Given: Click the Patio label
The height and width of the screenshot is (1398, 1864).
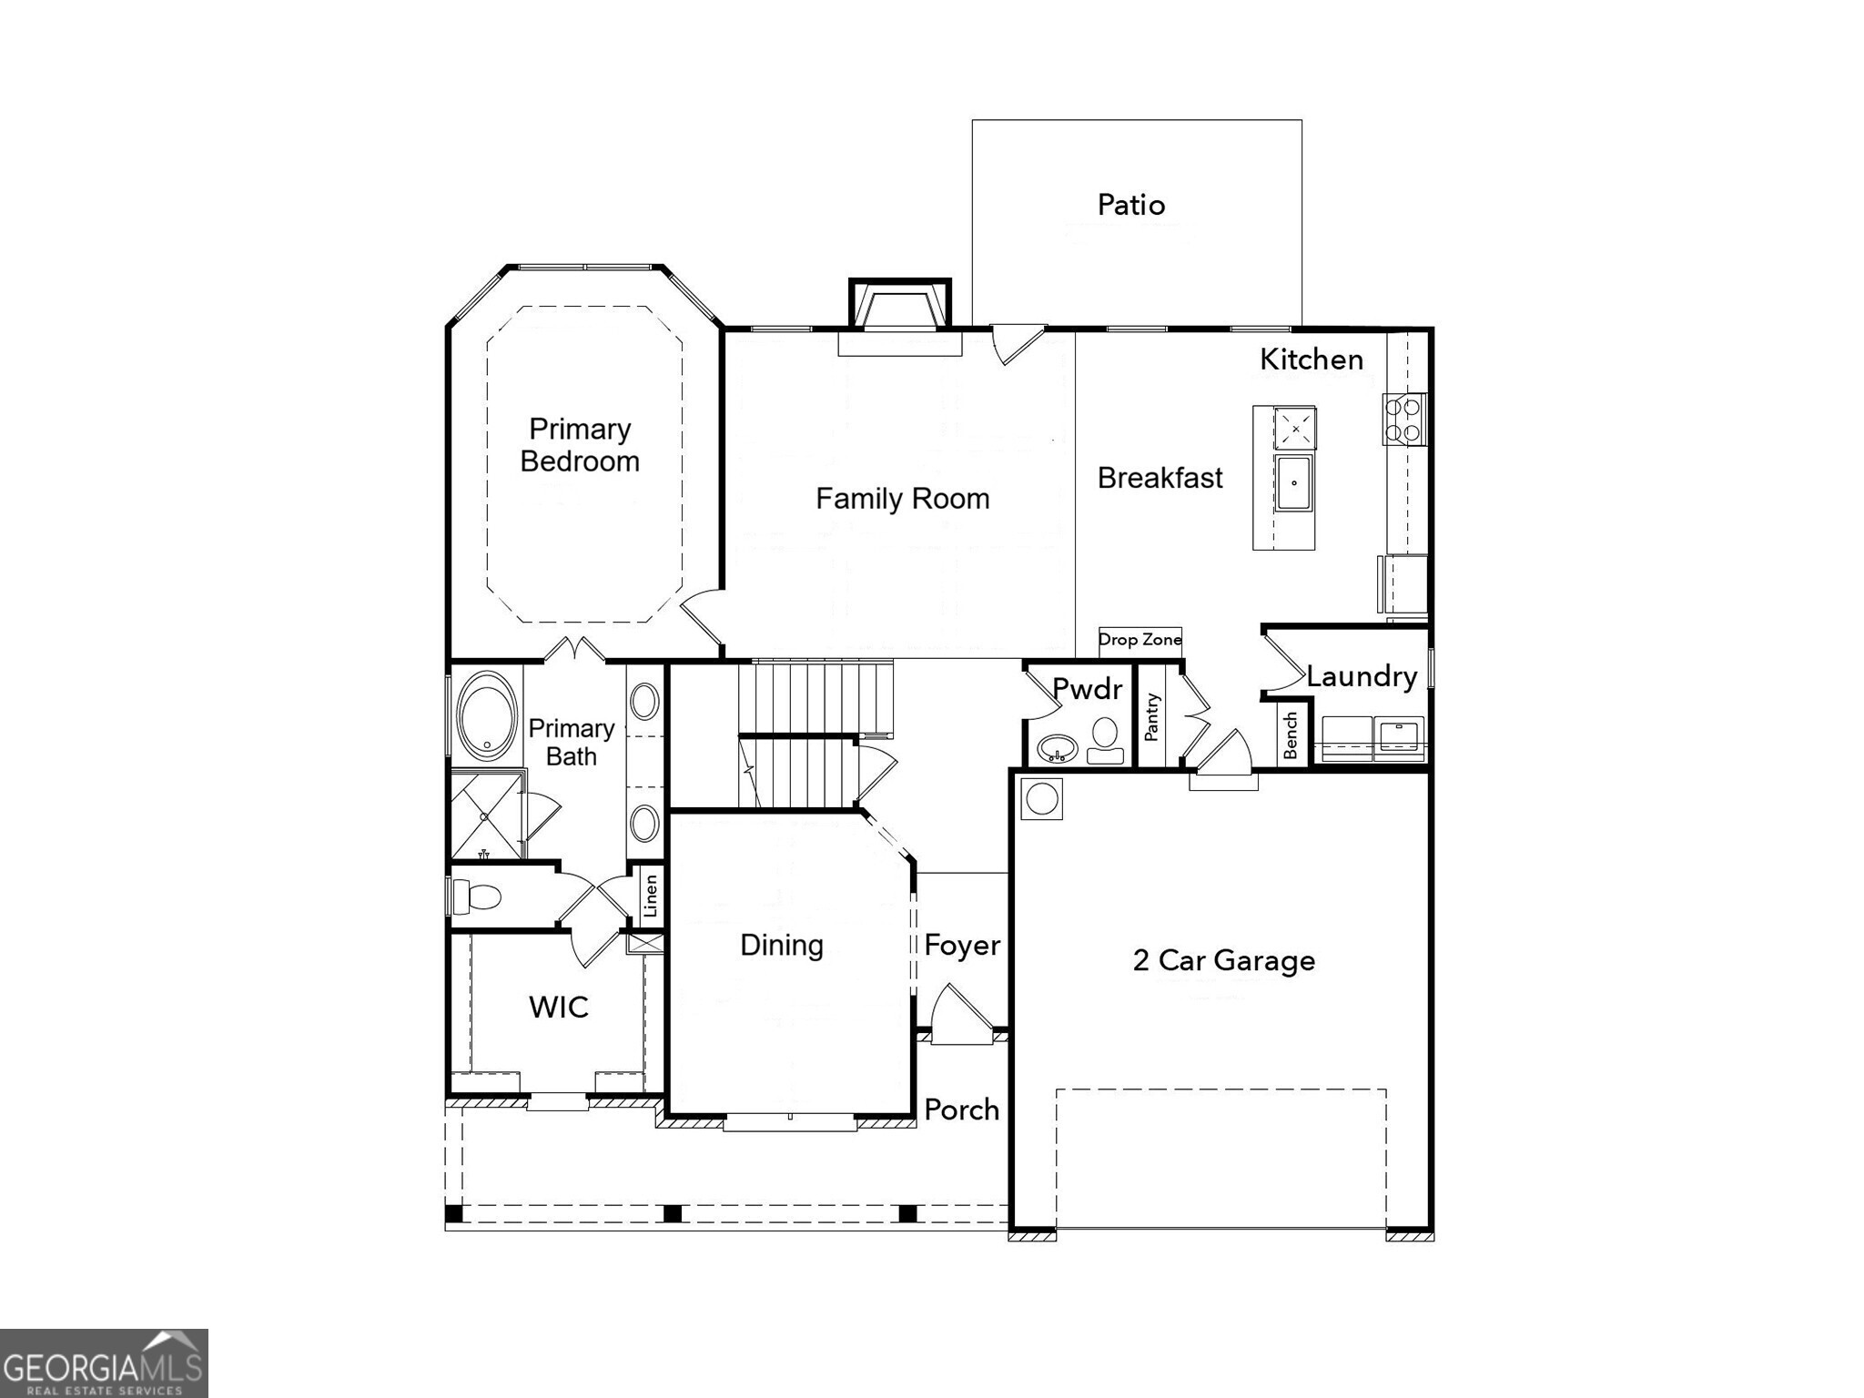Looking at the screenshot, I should pyautogui.click(x=1130, y=205).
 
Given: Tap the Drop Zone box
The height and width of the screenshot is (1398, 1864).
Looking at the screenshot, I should pyautogui.click(x=1140, y=640).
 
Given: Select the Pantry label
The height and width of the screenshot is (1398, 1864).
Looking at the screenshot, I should pyautogui.click(x=1152, y=717).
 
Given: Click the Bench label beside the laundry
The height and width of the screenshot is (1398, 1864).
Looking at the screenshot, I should pyautogui.click(x=1291, y=735).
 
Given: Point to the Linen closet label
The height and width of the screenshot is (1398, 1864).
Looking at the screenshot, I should pyautogui.click(x=650, y=897).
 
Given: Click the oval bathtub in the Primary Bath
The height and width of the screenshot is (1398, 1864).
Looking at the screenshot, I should pyautogui.click(x=487, y=716).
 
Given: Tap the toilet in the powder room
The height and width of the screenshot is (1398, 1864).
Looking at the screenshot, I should pyautogui.click(x=1105, y=739).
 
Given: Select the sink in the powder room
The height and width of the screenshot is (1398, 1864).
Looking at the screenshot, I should pyautogui.click(x=1058, y=749).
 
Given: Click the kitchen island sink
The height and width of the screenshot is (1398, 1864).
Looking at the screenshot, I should pyautogui.click(x=1293, y=483).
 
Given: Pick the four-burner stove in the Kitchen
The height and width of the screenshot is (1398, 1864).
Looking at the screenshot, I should pyautogui.click(x=1403, y=420).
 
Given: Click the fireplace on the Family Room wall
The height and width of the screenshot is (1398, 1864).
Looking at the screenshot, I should pyautogui.click(x=899, y=314).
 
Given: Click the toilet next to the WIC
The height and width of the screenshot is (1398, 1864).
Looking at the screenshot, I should pyautogui.click(x=477, y=897).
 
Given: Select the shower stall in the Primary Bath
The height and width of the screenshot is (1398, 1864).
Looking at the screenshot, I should pyautogui.click(x=486, y=815).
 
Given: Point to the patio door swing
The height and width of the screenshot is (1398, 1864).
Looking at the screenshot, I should pyautogui.click(x=1015, y=343).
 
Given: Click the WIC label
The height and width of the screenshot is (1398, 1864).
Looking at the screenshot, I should pyautogui.click(x=558, y=1007).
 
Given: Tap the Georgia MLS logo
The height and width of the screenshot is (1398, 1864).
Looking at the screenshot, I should pyautogui.click(x=104, y=1363).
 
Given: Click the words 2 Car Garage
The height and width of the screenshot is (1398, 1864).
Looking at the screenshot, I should pyautogui.click(x=1223, y=960).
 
